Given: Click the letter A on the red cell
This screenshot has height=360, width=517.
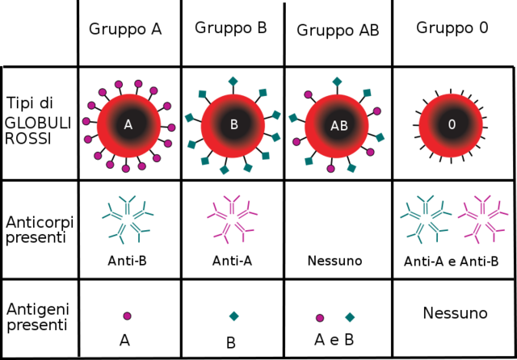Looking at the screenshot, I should tap(128, 124).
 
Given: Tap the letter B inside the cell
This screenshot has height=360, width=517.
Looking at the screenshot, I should tap(233, 125).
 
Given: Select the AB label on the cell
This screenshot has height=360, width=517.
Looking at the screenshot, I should tap(338, 126).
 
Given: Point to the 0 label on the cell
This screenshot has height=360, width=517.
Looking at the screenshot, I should tap(452, 124).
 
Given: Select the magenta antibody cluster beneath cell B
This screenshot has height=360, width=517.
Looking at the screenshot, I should tap(232, 218).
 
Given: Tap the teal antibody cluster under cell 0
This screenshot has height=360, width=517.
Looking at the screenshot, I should tap(425, 218).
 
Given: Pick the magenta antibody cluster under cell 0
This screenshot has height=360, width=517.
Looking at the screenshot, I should tap(482, 218).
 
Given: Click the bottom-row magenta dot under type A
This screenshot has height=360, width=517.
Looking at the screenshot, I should tap(127, 316).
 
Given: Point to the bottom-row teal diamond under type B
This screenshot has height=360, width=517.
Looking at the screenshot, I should tap(233, 316).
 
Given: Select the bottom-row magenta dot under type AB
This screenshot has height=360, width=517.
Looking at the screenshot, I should tap(320, 317).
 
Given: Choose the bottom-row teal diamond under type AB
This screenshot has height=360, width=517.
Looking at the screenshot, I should tap(350, 317).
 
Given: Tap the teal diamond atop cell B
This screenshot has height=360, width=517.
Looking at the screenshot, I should tap(233, 80).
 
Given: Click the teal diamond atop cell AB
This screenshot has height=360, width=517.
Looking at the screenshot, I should tap(337, 81).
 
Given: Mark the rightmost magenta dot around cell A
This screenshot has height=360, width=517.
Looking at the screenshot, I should tap(171, 127).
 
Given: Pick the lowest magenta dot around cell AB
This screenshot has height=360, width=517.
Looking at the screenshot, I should tap(330, 169).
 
